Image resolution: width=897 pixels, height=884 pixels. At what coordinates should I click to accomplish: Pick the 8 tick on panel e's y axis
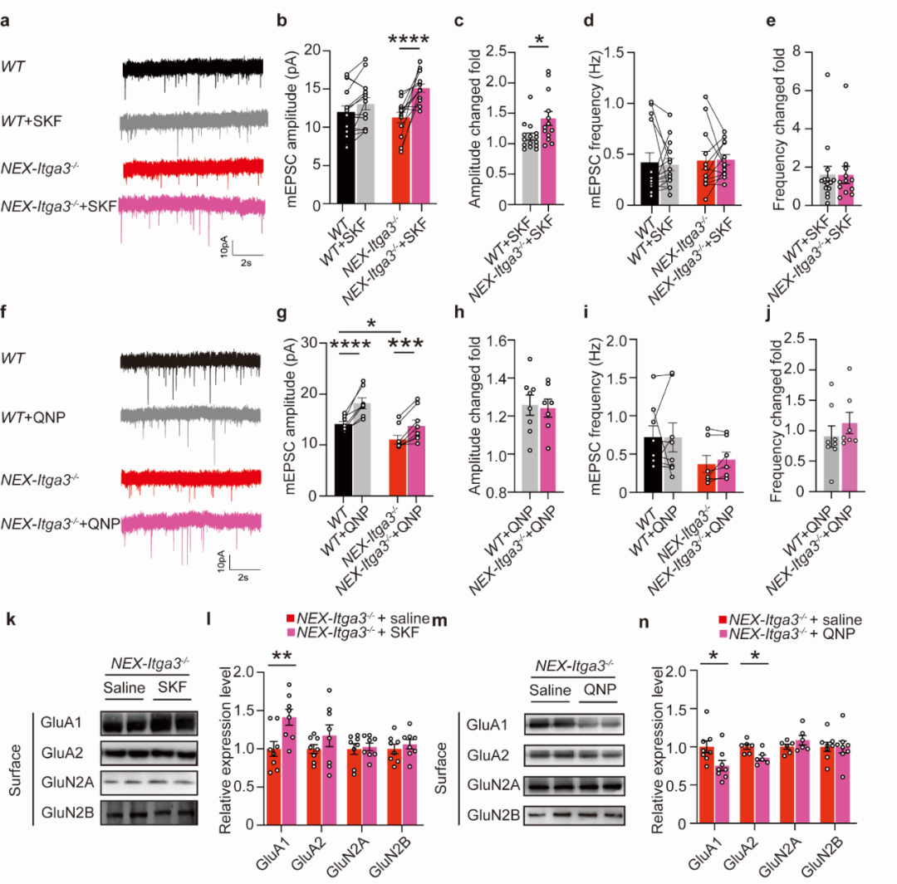point(787,52)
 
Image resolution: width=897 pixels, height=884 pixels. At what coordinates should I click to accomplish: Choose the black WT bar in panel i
point(653,465)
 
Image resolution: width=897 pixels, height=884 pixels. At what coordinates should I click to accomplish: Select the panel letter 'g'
point(283,316)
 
